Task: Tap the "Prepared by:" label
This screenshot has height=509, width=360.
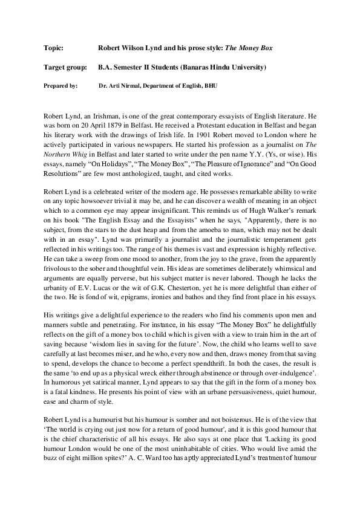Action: [61, 86]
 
